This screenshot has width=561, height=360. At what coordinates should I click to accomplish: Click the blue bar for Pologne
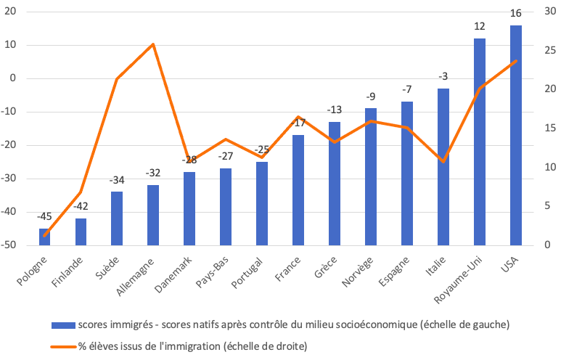(x=44, y=237)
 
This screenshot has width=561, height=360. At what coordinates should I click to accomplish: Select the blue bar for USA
(x=516, y=136)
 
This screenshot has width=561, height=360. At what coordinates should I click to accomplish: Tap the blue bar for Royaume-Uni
(x=480, y=142)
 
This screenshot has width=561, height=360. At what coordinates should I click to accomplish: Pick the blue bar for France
(x=298, y=190)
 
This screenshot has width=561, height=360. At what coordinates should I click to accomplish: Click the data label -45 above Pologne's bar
(x=44, y=216)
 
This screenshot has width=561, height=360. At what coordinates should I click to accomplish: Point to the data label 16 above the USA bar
(x=516, y=13)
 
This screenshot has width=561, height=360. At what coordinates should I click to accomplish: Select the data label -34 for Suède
(x=117, y=179)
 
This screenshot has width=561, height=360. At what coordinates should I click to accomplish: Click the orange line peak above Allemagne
(x=153, y=44)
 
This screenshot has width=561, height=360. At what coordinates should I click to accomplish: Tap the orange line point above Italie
(x=443, y=160)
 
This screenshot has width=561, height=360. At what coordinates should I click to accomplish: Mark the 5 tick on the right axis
(x=546, y=206)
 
